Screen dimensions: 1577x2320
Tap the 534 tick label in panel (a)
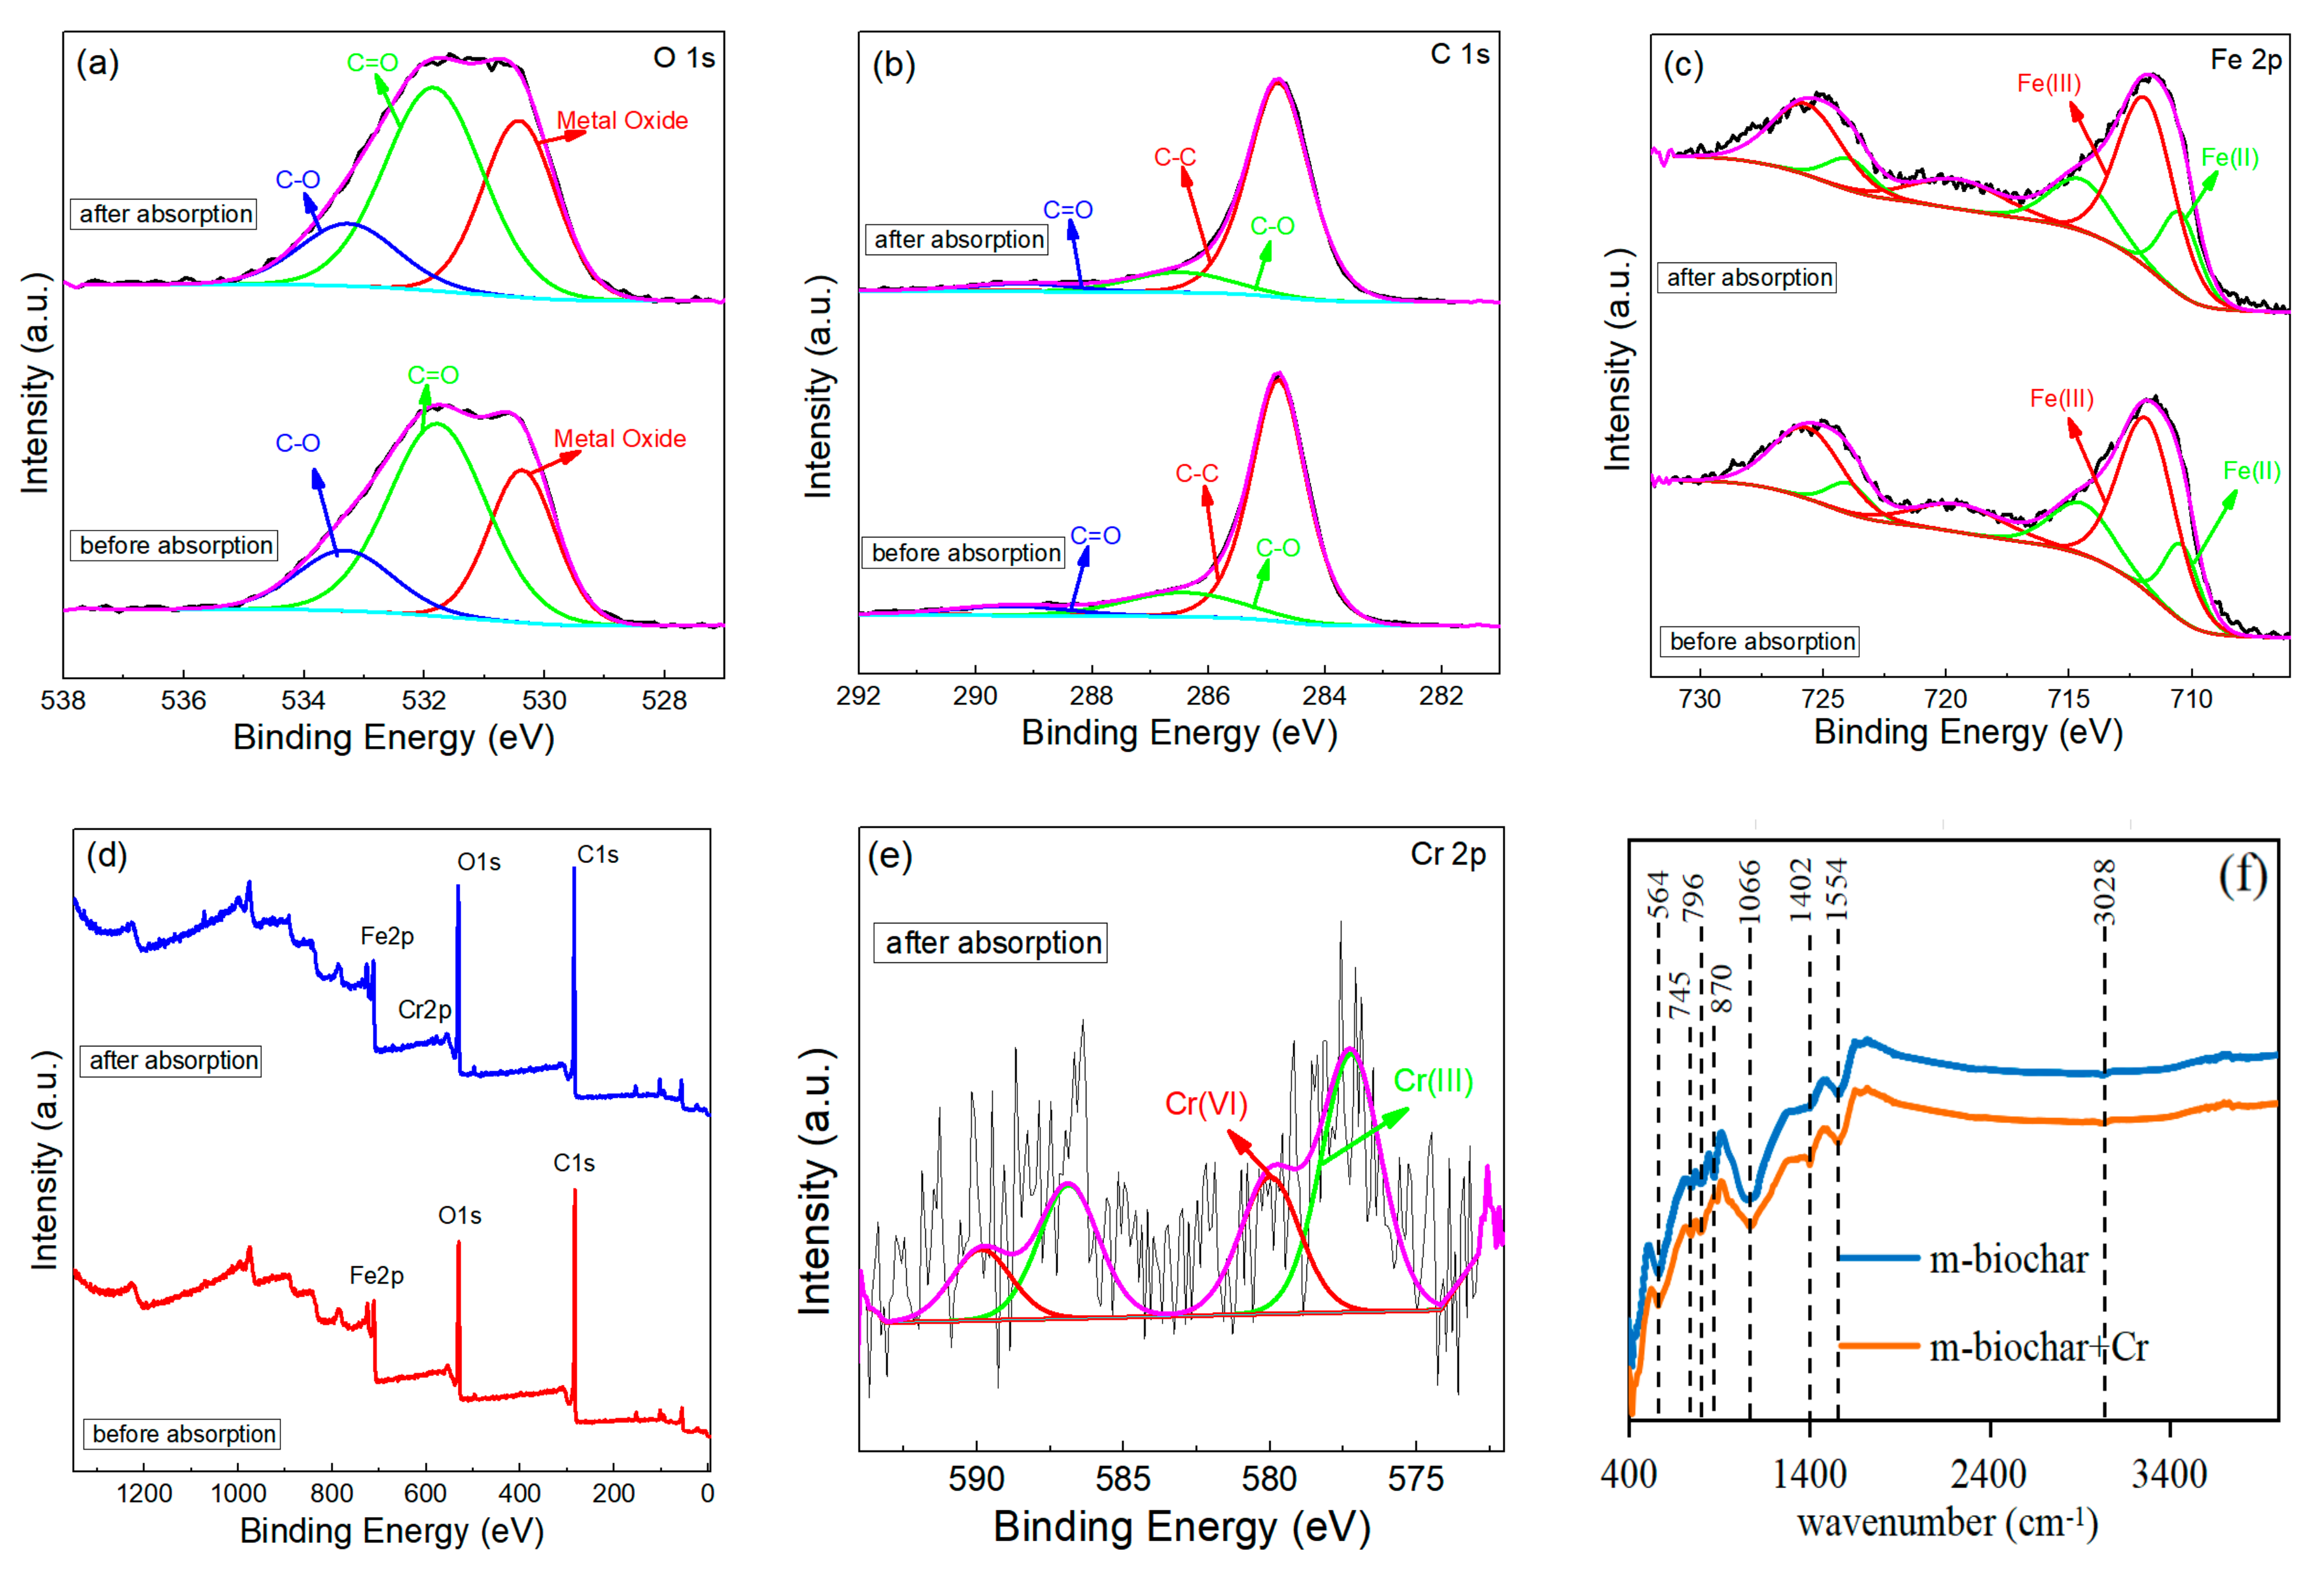(x=303, y=700)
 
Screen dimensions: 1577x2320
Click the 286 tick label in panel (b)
(x=1208, y=696)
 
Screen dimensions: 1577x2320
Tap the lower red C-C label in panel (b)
(x=1196, y=473)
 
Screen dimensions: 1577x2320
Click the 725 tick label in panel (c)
(x=1823, y=699)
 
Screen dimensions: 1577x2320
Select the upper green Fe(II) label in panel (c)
(x=2229, y=158)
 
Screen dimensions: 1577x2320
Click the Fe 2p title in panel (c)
(x=2245, y=60)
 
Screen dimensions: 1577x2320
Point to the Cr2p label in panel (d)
(x=424, y=1010)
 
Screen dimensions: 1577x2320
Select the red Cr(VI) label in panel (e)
(x=1206, y=1104)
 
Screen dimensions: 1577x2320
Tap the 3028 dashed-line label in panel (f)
(x=2103, y=891)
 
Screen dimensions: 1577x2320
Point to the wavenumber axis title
(x=1947, y=1524)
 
